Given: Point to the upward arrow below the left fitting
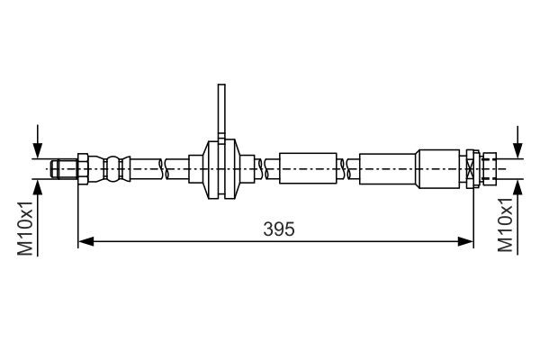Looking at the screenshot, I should click(x=37, y=185).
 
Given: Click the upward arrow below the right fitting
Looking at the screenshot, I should click(x=517, y=185).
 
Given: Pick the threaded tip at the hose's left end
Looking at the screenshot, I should click(x=62, y=167).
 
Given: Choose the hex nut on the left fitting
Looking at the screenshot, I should click(x=82, y=167).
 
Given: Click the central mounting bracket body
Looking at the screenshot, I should click(x=220, y=167).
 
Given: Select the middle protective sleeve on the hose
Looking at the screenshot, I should click(x=309, y=167).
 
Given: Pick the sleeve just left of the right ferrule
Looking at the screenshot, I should click(x=388, y=167).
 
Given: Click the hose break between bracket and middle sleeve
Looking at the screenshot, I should click(x=263, y=167).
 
